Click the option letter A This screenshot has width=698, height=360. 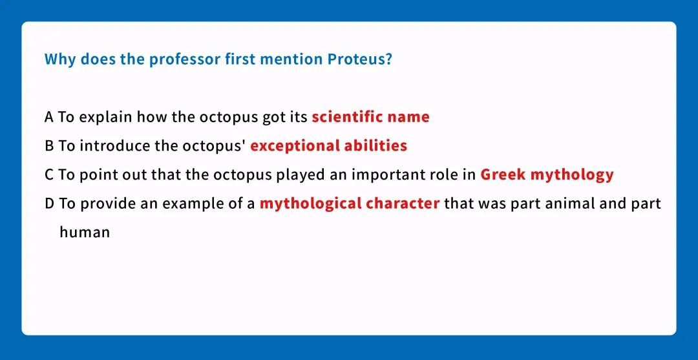(x=49, y=117)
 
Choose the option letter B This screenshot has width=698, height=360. (x=49, y=146)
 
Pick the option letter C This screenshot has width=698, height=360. (x=49, y=175)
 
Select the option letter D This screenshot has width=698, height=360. (x=50, y=204)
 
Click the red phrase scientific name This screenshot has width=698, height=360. (x=370, y=117)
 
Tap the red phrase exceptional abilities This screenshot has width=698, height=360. (x=328, y=146)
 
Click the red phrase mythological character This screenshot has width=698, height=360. (x=350, y=204)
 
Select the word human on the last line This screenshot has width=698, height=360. (x=85, y=232)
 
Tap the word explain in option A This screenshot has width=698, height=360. (x=107, y=118)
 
